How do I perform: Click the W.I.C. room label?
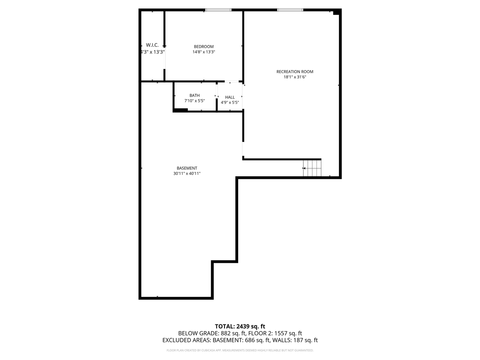pos(152,45)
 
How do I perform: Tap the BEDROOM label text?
pos(204,46)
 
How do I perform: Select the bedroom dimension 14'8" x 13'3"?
pos(204,52)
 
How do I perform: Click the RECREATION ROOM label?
pos(295,72)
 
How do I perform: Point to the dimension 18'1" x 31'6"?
pos(295,77)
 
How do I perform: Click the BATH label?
pos(195,95)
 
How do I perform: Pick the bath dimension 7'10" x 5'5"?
pos(195,101)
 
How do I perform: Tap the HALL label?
pos(230,97)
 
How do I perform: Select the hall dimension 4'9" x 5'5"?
pos(230,102)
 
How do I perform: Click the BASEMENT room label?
pos(187,168)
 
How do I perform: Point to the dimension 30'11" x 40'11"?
pos(187,174)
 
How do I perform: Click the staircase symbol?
pos(312,168)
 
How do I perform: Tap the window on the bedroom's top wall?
pos(218,10)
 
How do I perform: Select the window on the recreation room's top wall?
pos(290,10)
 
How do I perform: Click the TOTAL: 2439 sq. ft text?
pos(240,326)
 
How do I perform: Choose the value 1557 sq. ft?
pos(288,333)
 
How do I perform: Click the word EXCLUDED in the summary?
pos(178,340)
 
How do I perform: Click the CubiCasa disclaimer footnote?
pos(240,350)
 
